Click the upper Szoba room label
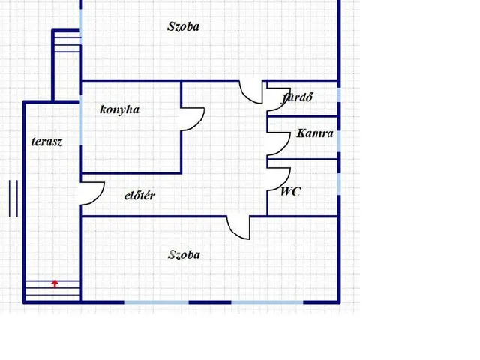[x=183, y=27]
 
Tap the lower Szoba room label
[x=184, y=255]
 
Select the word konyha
[x=120, y=109]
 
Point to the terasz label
[x=46, y=142]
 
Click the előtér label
[x=139, y=196]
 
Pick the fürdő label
[x=297, y=97]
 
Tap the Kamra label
[x=315, y=133]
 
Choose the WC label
[x=290, y=192]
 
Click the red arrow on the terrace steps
[x=55, y=283]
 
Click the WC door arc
[x=285, y=183]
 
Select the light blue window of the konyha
[x=81, y=120]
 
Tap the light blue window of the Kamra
[x=339, y=141]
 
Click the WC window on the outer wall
[x=339, y=184]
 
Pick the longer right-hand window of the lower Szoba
[x=267, y=302]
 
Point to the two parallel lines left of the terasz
[x=13, y=198]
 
